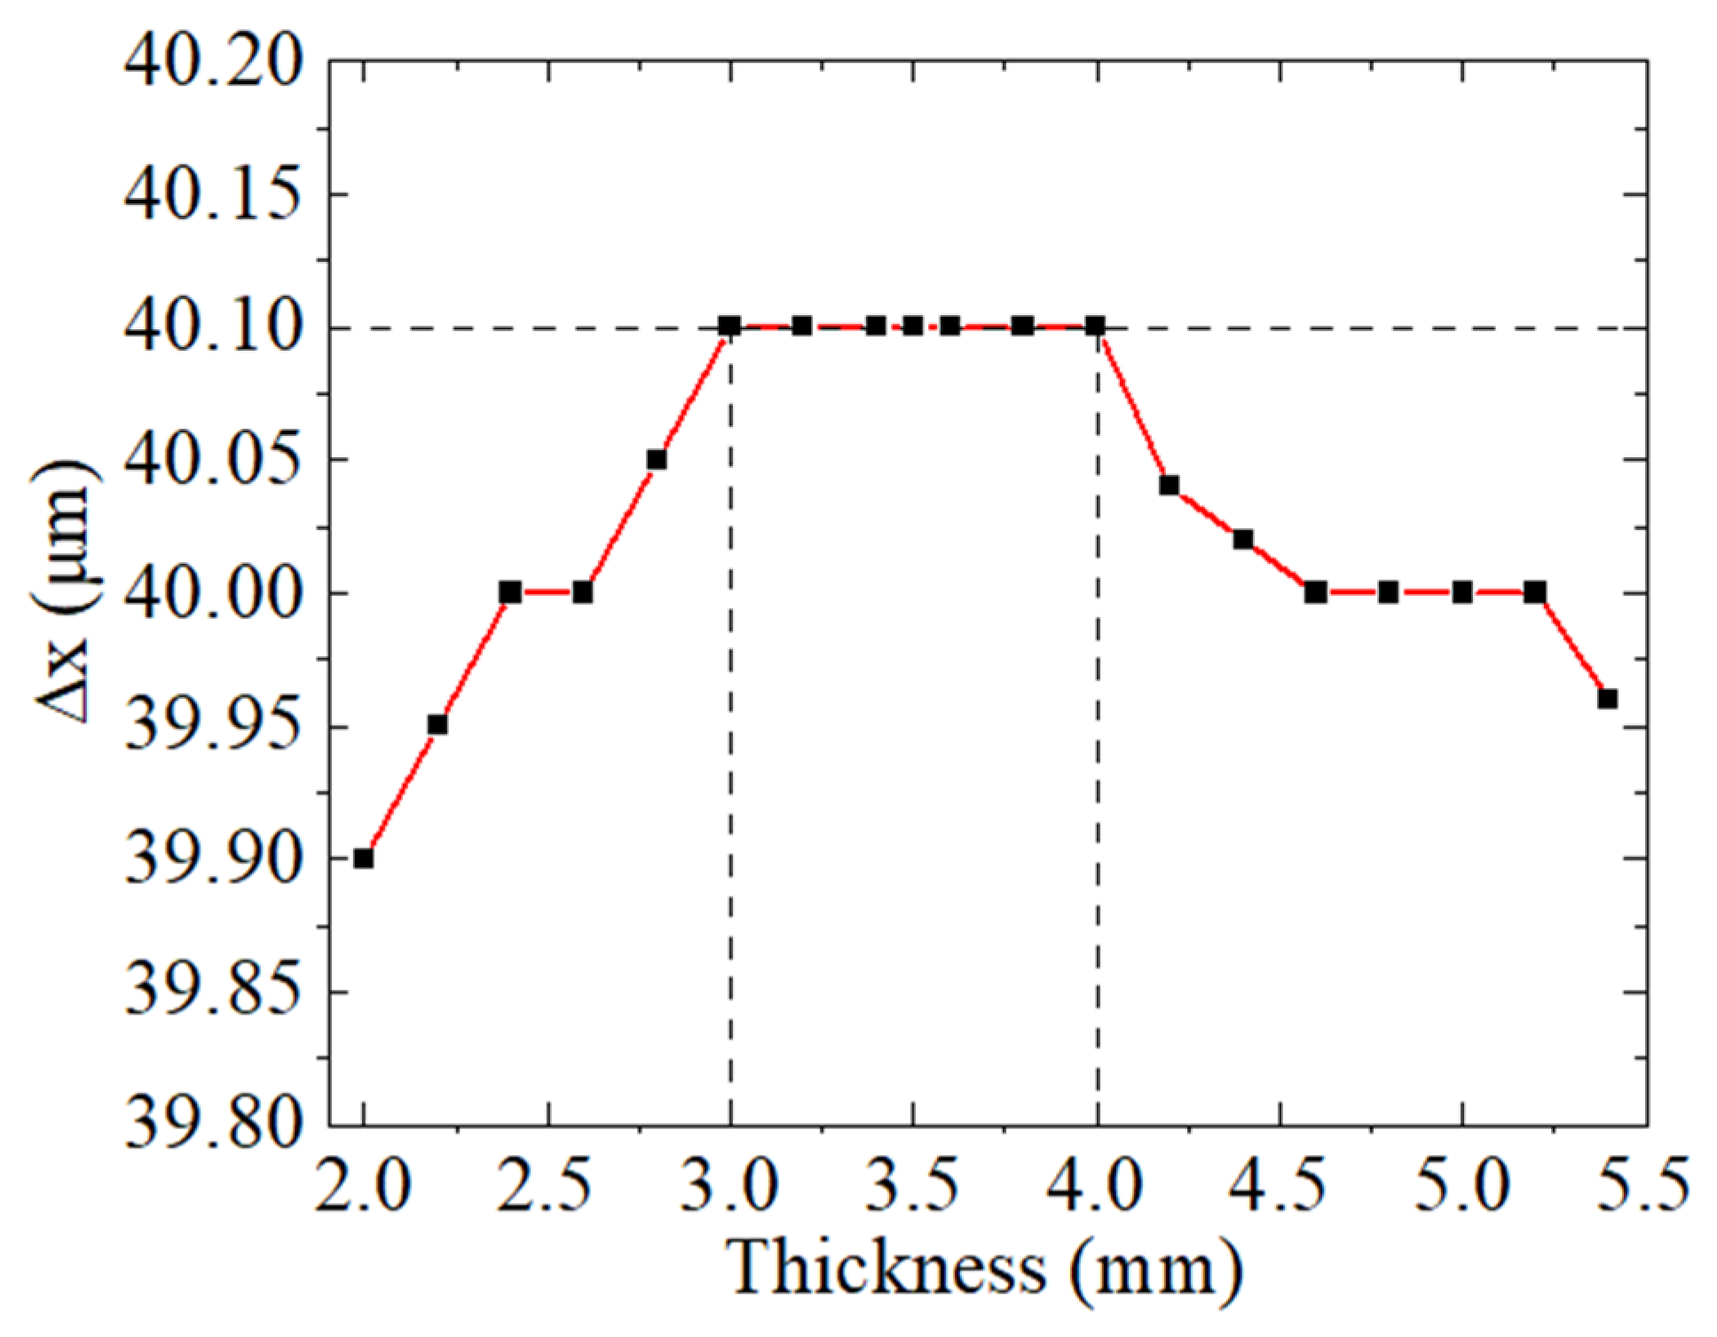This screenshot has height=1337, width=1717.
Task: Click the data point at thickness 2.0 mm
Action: click(363, 858)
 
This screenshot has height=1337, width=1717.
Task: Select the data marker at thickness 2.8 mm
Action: click(657, 460)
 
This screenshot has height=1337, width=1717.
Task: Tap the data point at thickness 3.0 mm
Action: click(729, 326)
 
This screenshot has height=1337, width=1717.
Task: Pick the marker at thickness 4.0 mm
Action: click(1095, 326)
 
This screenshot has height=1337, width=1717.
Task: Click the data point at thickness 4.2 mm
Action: click(1170, 486)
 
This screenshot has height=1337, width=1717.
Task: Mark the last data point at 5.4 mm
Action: click(1608, 699)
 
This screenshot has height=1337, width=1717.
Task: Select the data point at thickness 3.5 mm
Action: click(913, 326)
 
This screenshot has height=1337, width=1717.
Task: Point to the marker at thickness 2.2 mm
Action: click(437, 725)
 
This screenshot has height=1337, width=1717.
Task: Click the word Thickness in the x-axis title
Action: click(886, 1268)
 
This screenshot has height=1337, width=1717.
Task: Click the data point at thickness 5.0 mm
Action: click(1462, 592)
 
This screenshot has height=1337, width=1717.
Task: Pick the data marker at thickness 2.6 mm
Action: click(582, 592)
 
